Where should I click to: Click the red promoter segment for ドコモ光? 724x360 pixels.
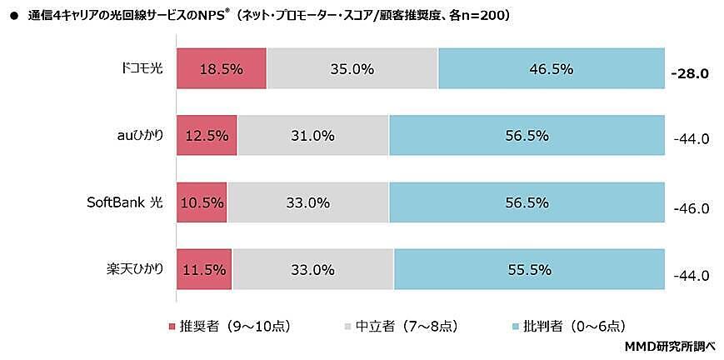tap(221, 69)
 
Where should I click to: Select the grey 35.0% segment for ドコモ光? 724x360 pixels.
tap(352, 69)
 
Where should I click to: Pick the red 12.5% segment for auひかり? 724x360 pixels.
tap(207, 136)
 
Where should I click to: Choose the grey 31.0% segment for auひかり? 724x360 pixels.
tap(312, 136)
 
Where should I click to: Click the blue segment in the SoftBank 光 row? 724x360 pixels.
tap(526, 202)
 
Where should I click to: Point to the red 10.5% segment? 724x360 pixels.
tap(202, 202)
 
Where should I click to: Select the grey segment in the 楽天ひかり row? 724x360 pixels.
tap(312, 269)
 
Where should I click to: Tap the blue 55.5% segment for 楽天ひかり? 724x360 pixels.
tap(528, 269)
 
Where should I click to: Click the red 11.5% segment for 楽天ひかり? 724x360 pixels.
tap(204, 269)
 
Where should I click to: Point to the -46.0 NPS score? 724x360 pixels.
tap(690, 207)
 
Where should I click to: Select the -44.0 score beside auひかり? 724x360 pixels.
tap(690, 140)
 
